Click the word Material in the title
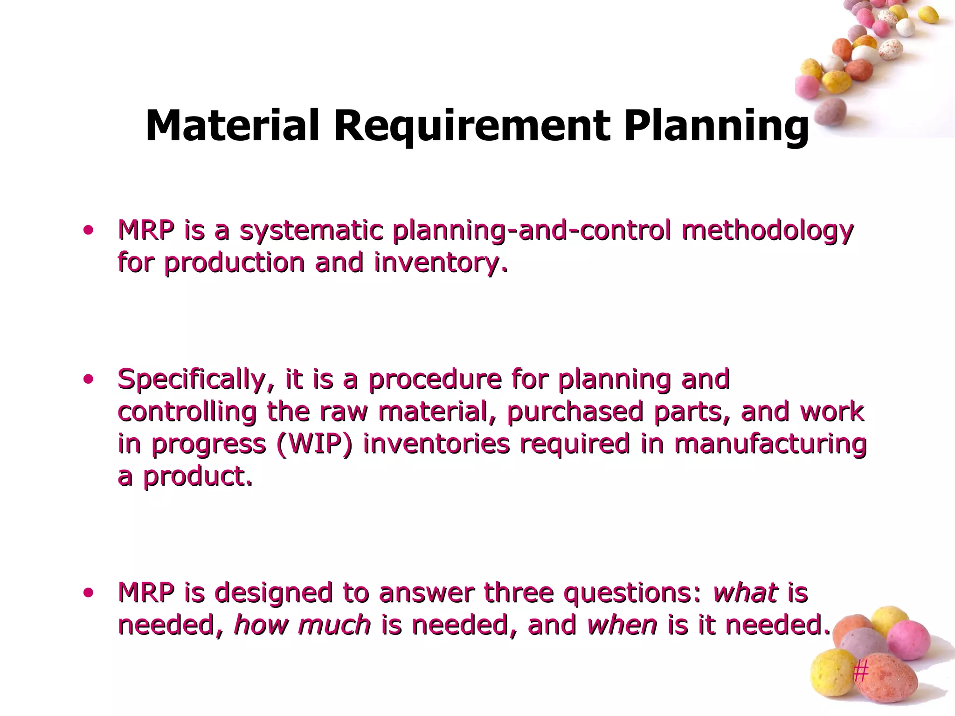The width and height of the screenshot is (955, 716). point(232,126)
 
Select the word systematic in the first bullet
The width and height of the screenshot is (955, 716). point(311,231)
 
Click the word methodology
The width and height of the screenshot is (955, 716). point(767,231)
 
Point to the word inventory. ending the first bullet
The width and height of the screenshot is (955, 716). point(440,263)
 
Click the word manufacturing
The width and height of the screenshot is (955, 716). point(770,444)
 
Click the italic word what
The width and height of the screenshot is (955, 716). point(745,593)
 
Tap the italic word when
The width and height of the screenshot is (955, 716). point(622,625)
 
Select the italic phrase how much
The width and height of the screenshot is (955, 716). point(302,625)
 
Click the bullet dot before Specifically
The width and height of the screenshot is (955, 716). point(88,379)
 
